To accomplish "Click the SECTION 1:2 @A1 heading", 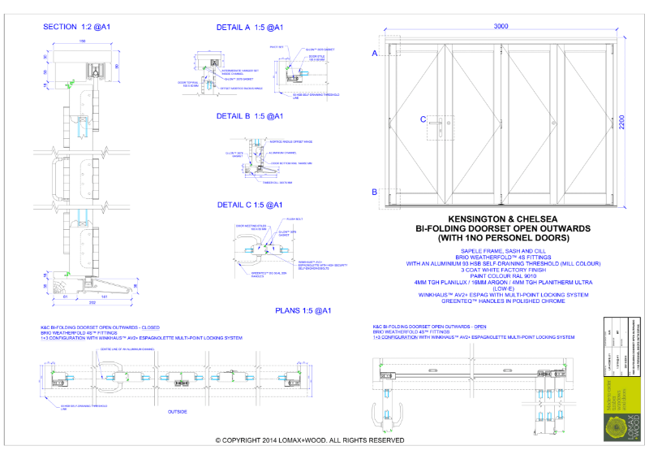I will tap(77, 27).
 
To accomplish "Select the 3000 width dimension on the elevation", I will tap(501, 27).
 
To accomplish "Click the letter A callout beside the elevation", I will tap(375, 53).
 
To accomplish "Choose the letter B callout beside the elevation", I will tap(375, 193).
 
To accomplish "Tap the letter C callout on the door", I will tap(423, 120).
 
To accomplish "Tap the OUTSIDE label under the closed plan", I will tap(178, 412).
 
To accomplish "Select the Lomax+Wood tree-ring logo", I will tap(620, 424).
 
